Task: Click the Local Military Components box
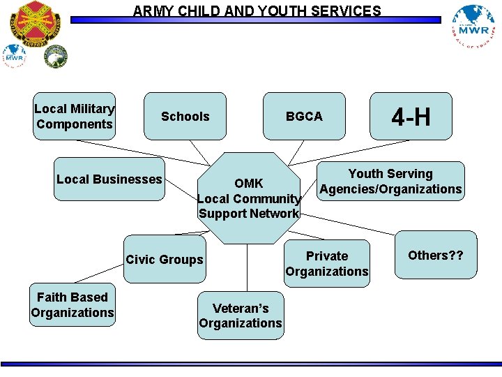(74, 117)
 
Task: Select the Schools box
(185, 117)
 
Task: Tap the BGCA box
(304, 117)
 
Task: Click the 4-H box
(411, 117)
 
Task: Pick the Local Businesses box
(109, 179)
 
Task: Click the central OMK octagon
(248, 198)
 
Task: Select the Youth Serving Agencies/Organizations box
(390, 182)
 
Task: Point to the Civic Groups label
(165, 260)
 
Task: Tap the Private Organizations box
(326, 264)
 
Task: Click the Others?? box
(436, 256)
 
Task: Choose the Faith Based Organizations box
(73, 305)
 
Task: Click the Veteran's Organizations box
(241, 316)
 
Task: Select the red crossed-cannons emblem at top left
(35, 21)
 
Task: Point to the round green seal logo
(56, 57)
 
